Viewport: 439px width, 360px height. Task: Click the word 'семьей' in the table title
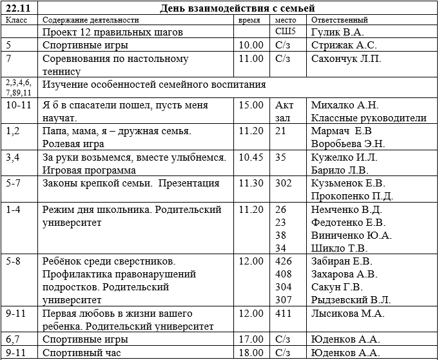293,8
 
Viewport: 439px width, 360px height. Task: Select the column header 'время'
249,20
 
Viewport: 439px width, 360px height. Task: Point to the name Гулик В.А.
337,32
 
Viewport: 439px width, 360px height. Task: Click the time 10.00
251,45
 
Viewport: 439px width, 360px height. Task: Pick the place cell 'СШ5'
285,31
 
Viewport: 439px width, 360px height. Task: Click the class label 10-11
18,105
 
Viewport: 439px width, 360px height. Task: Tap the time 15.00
251,105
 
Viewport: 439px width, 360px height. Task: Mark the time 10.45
251,157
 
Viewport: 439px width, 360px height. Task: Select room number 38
280,235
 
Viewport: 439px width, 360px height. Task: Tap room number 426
284,261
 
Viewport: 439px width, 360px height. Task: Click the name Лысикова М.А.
347,314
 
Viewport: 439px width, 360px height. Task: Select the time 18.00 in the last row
251,353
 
